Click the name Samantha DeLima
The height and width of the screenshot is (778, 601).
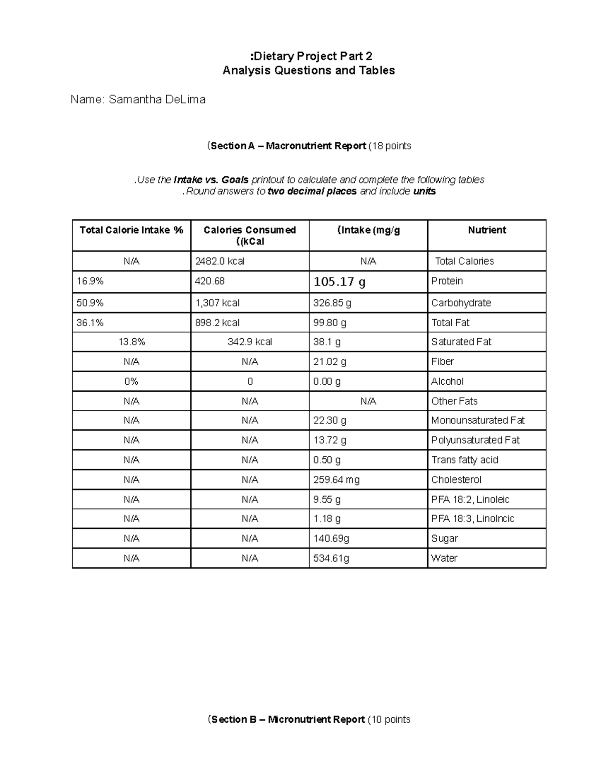[x=157, y=100]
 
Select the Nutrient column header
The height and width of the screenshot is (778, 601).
[x=487, y=230]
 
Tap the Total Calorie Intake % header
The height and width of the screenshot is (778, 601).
[x=131, y=230]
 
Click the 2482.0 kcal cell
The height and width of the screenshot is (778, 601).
[x=220, y=261]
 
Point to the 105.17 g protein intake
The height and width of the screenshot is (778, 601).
[x=339, y=282]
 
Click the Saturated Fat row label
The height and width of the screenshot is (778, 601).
[x=461, y=342]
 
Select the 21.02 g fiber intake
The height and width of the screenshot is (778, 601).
[x=330, y=362]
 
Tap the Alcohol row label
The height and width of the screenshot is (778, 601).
[x=447, y=381]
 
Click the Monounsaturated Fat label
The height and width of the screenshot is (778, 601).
[x=478, y=420]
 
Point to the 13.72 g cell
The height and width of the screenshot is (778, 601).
[x=330, y=440]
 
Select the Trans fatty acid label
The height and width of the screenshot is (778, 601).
[x=465, y=460]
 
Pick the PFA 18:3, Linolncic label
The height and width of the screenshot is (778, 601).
[x=473, y=518]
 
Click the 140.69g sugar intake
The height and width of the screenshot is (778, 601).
[x=331, y=539]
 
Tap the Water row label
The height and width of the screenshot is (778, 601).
[x=444, y=558]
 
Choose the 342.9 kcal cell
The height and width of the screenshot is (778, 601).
[x=250, y=342]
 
